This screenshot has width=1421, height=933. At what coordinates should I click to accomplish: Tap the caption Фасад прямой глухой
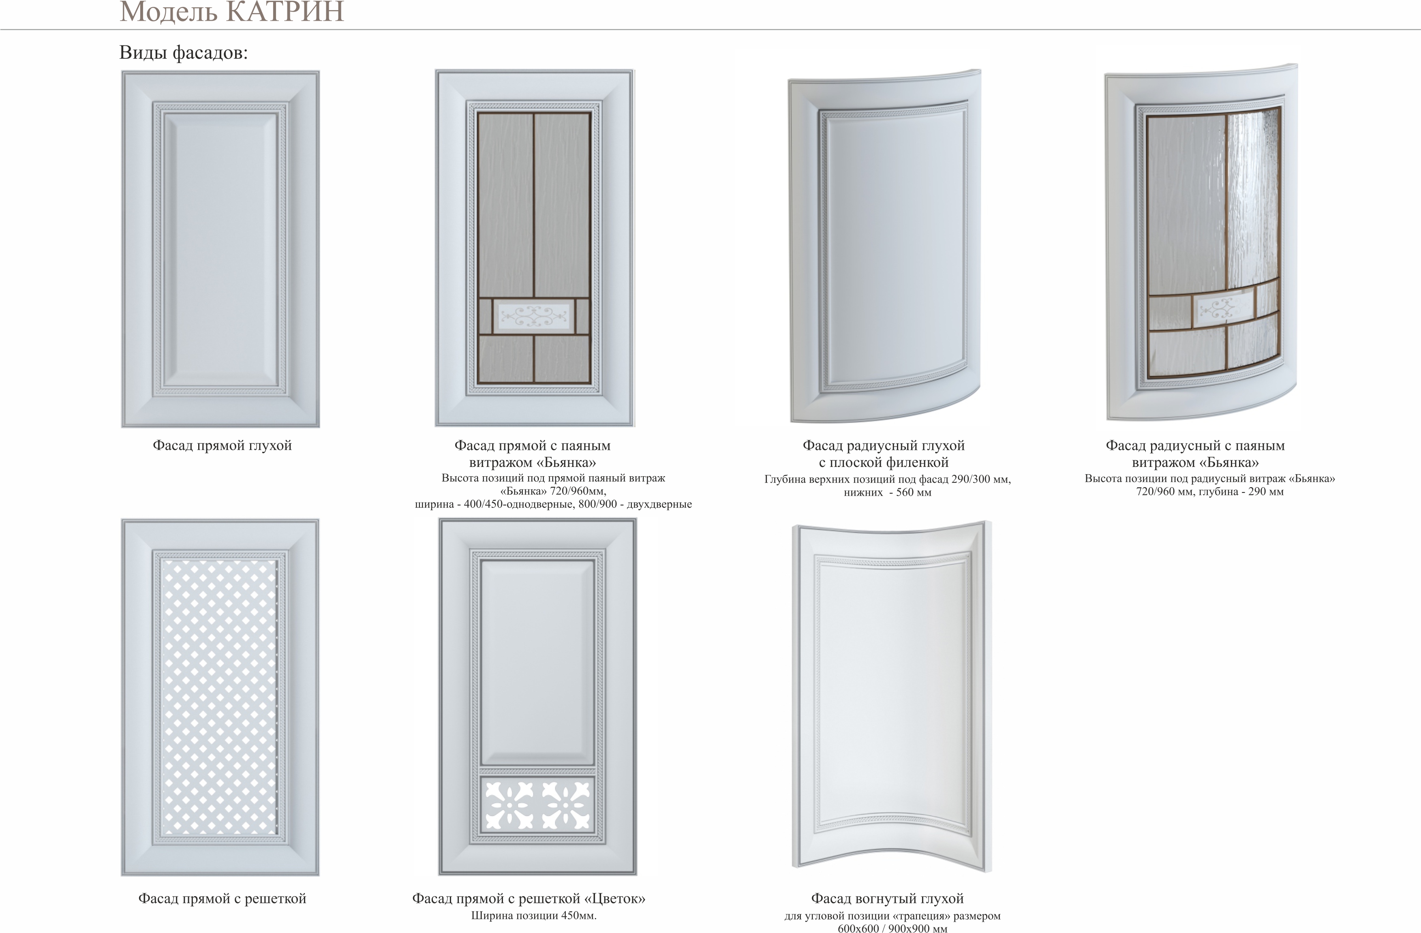[222, 445]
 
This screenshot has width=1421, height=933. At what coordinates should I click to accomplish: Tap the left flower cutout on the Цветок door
[509, 806]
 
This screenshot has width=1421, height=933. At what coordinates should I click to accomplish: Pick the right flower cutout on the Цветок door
[565, 806]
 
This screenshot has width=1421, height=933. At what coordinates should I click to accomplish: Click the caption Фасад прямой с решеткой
[222, 899]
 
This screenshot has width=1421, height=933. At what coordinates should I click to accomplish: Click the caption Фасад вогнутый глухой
[887, 899]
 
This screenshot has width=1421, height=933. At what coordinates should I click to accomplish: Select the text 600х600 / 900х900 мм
[892, 928]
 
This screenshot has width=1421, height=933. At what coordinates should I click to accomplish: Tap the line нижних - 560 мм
[887, 492]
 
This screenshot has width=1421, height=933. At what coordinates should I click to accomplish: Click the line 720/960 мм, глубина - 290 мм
[1210, 492]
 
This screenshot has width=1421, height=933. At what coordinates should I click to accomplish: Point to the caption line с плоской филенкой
[884, 462]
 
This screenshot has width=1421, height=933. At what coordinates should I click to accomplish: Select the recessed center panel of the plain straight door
[220, 250]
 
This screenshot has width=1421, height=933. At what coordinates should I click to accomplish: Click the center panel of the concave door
[892, 692]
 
